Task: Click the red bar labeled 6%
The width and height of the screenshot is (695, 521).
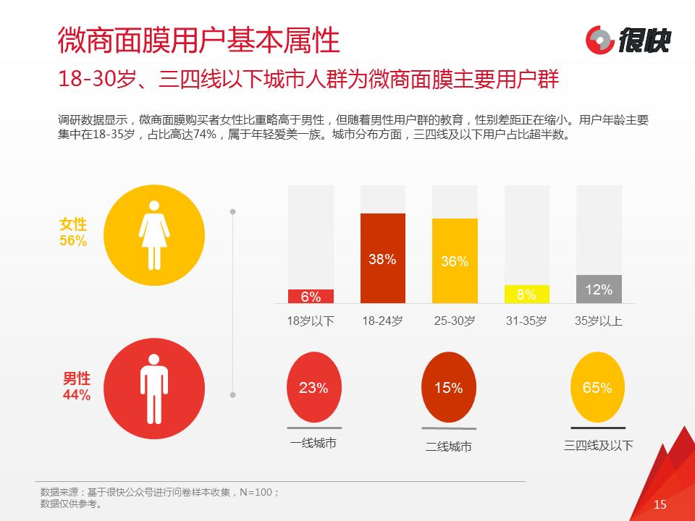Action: [x=311, y=297]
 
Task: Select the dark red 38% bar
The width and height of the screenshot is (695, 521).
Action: [x=382, y=258]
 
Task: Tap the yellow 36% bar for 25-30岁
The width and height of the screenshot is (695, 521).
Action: [x=455, y=261]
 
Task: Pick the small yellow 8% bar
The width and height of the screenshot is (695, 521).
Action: [x=526, y=295]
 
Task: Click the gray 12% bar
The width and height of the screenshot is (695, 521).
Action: [x=599, y=289]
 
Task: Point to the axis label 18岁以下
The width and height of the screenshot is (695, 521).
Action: [x=311, y=321]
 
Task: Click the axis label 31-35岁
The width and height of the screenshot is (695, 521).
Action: [x=526, y=321]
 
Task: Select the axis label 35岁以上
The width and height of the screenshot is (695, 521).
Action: [x=599, y=321]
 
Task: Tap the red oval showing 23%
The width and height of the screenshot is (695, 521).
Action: [x=313, y=387]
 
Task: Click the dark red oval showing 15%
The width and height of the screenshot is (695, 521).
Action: [x=448, y=387]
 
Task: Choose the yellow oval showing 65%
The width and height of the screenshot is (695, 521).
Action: [x=597, y=387]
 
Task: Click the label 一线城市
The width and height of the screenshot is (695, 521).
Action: [x=313, y=444]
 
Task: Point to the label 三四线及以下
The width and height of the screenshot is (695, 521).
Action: [x=598, y=445]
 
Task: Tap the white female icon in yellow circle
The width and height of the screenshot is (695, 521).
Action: [x=153, y=233]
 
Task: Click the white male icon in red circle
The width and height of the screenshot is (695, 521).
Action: [x=153, y=386]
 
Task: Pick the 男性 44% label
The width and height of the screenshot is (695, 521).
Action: [x=76, y=386]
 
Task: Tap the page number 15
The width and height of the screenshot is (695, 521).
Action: [x=660, y=504]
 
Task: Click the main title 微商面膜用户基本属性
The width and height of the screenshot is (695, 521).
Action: [x=198, y=41]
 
